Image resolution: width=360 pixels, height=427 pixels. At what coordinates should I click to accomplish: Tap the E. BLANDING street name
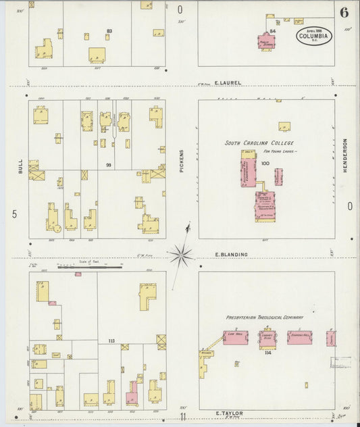point(232,255)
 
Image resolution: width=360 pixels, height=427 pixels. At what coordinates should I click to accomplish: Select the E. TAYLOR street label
point(228,412)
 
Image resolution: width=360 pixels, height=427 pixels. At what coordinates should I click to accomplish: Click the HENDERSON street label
point(344,156)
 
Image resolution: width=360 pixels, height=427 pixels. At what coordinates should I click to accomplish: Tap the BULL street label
point(20,166)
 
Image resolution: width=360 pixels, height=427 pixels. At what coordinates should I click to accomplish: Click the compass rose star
point(181,255)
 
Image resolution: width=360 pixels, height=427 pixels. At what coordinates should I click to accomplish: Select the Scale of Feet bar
point(84,268)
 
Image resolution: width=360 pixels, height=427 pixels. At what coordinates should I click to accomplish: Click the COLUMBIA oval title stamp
point(313,36)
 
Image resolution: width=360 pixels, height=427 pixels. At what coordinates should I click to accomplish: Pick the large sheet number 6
point(344,11)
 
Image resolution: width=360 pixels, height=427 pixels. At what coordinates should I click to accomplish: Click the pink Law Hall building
point(236,336)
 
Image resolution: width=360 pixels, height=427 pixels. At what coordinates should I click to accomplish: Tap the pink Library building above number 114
point(268,337)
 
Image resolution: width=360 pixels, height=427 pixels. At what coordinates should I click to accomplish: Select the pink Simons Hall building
point(301,337)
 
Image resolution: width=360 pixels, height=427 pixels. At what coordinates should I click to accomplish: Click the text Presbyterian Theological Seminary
point(265,317)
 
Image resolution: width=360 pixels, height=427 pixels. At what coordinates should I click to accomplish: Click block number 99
point(107,165)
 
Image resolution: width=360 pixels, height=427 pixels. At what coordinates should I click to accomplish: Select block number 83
point(109,31)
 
